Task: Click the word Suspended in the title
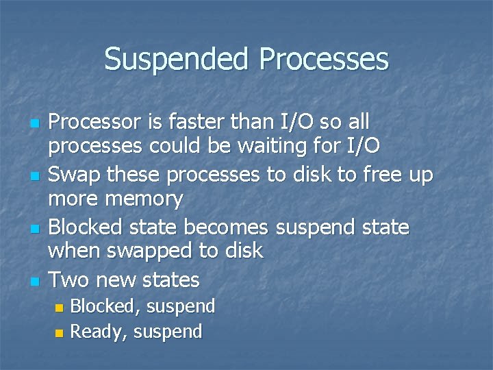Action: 178,60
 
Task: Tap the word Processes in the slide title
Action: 325,60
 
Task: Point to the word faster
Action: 192,123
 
